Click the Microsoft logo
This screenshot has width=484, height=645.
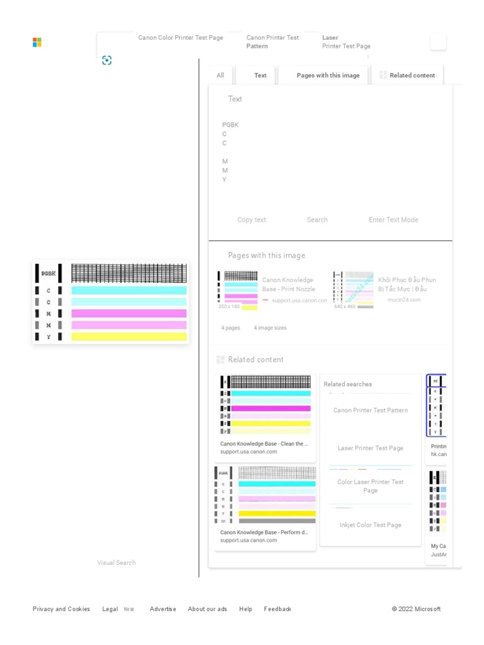point(37,42)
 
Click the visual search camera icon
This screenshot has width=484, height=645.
point(107,60)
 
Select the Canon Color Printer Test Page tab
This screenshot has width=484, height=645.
point(181,38)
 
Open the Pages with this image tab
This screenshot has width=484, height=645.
point(328,76)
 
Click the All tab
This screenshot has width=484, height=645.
point(220,76)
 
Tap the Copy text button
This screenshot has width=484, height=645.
point(251,220)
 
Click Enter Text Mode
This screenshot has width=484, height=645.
point(393,220)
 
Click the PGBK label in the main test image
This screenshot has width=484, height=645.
point(49,274)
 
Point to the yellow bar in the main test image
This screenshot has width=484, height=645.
point(129,337)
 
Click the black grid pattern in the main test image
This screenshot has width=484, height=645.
point(129,273)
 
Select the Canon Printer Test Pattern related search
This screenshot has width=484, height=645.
point(371,411)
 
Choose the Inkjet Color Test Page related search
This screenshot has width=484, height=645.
point(371,525)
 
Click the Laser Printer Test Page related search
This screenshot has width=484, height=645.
point(371,448)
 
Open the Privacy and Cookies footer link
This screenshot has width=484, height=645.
point(61,609)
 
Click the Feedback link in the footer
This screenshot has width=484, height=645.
point(277,609)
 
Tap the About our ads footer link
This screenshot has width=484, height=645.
point(207,609)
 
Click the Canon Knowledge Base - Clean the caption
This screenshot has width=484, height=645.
point(264,444)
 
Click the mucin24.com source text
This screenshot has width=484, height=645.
point(404,300)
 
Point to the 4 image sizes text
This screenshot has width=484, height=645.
point(270,328)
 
